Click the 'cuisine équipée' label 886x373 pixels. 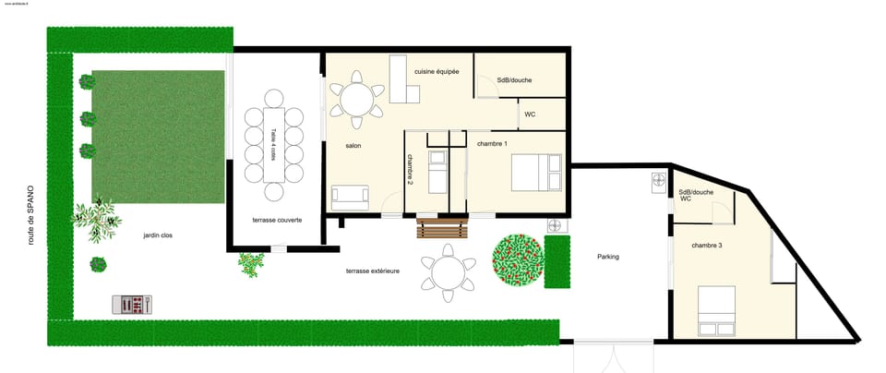point(437,71)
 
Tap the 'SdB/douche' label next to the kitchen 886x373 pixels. point(514,80)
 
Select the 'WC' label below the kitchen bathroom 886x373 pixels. point(530,114)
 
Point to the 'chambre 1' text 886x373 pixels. point(492,144)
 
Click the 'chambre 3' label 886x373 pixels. point(707,245)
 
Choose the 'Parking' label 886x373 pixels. point(607,257)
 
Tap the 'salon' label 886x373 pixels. point(353,146)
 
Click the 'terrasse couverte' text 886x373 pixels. point(276,221)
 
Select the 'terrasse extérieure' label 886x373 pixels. point(372,271)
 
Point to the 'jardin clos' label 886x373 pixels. point(157,236)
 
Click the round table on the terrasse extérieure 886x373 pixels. point(449,273)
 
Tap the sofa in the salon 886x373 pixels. point(350,195)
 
